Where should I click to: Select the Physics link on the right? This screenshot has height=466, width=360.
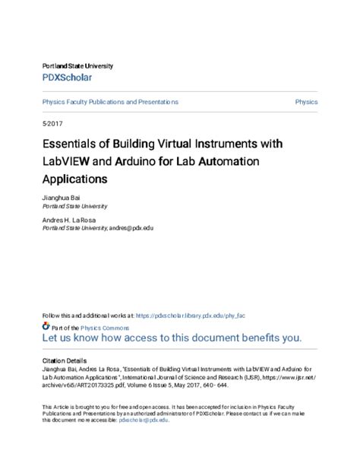[306, 101]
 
